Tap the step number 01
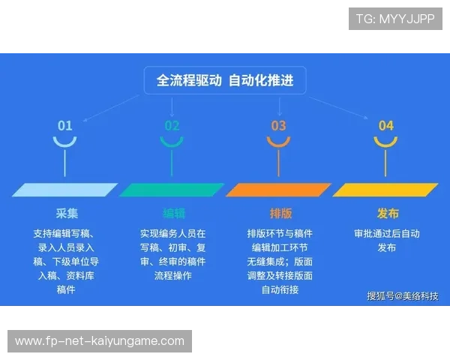(x=65, y=125)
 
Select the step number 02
(x=172, y=125)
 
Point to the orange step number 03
(x=279, y=125)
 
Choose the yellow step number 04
(x=385, y=125)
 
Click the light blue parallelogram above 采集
(x=65, y=190)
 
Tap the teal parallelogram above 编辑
(x=172, y=190)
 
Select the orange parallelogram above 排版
(x=279, y=190)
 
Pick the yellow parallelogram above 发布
(x=385, y=190)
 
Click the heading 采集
(x=66, y=212)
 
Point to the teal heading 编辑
(x=173, y=212)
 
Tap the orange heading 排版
(x=280, y=212)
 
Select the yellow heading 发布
(x=387, y=212)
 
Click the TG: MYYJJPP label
(x=395, y=19)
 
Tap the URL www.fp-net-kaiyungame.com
(x=99, y=341)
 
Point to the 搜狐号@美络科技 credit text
(x=402, y=295)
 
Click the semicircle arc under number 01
(x=65, y=142)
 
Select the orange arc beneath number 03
(x=279, y=142)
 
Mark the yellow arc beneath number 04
(x=385, y=142)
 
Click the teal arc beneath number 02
(x=172, y=142)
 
